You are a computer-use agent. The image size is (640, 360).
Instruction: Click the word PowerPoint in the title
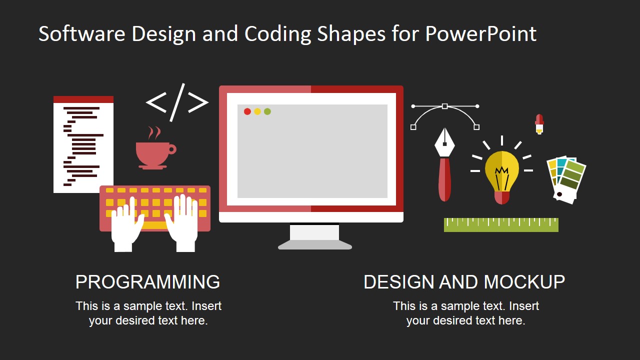(480, 34)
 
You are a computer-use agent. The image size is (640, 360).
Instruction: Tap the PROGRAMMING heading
(147, 282)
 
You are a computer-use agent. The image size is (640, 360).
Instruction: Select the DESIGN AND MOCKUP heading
(464, 282)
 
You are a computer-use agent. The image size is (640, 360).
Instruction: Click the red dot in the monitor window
(247, 111)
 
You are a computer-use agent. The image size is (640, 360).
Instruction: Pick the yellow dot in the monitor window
(257, 111)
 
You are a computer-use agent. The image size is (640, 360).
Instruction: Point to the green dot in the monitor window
(267, 111)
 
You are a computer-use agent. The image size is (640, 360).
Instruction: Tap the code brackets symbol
(177, 102)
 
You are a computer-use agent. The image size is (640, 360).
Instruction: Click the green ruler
(501, 225)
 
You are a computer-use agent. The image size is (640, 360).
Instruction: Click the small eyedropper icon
(539, 124)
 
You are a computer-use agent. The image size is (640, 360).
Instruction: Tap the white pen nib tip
(444, 143)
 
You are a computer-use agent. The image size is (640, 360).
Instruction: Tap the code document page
(83, 145)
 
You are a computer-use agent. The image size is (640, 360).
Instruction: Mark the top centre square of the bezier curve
(444, 106)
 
